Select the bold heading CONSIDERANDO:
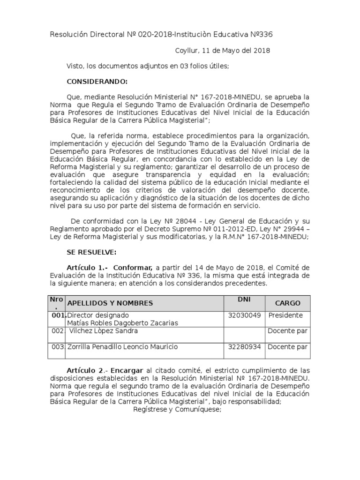point(97,82)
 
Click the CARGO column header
point(288,303)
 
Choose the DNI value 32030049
point(244,315)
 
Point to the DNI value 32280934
point(244,347)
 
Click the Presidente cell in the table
point(285,315)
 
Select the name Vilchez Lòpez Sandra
point(104,331)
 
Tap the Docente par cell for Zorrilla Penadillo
point(287,347)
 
